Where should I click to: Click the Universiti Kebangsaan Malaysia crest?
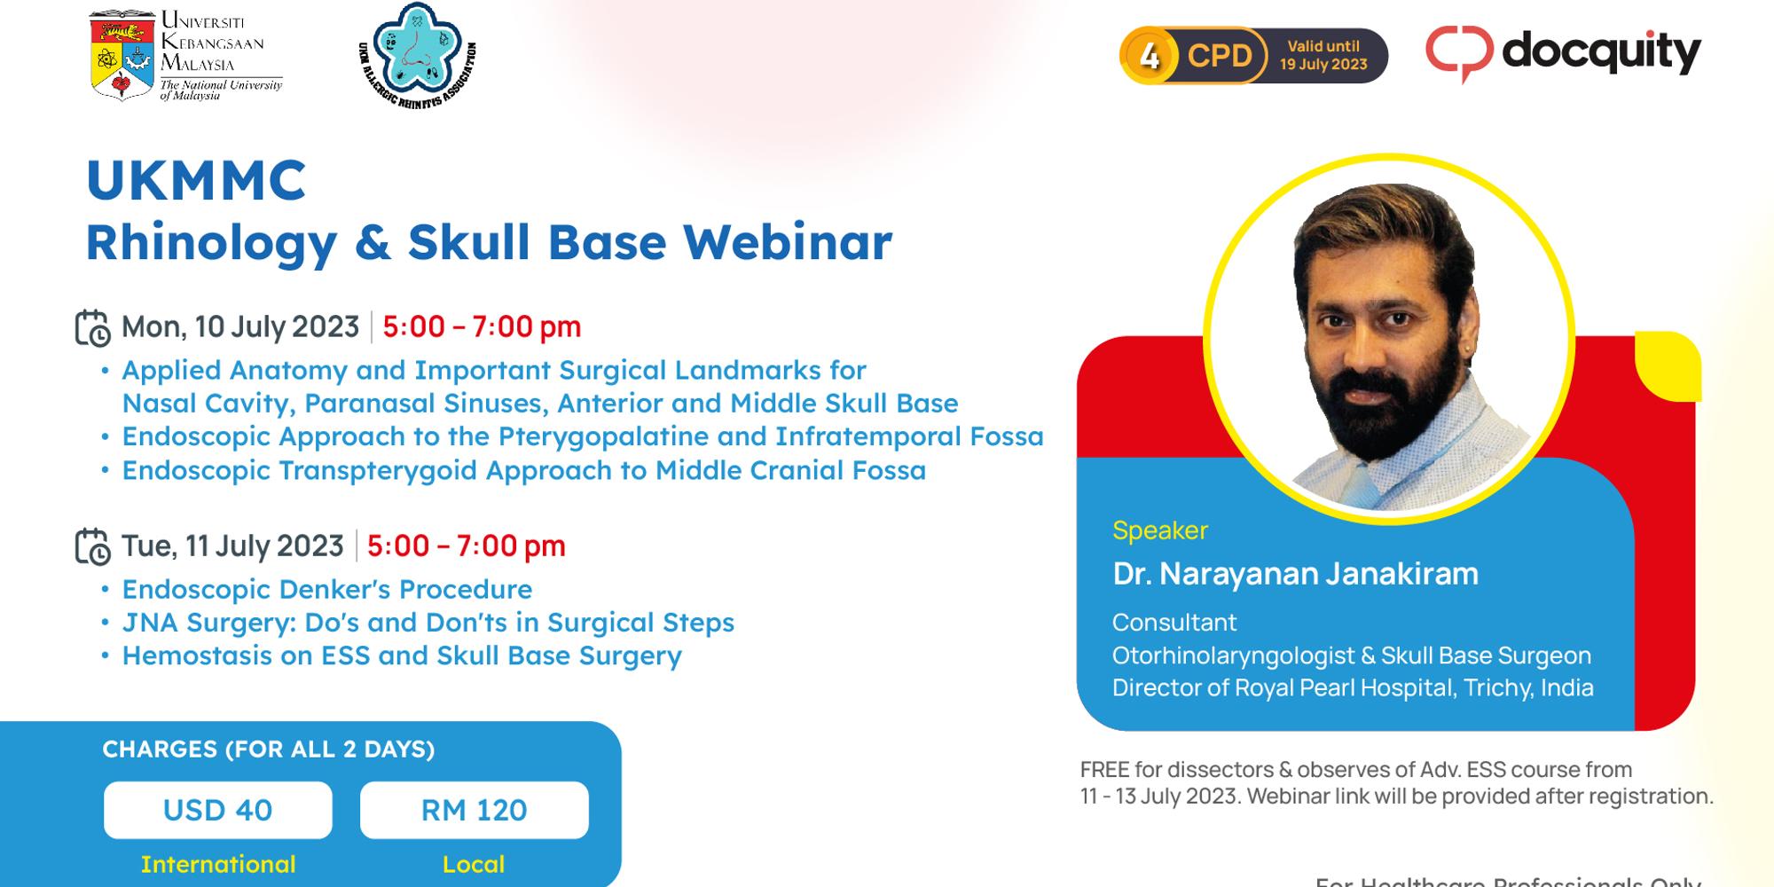(x=122, y=55)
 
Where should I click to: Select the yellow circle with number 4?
(x=1150, y=56)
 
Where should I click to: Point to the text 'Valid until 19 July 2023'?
(x=1323, y=55)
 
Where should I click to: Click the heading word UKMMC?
(x=196, y=180)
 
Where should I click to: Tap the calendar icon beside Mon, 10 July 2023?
(x=92, y=327)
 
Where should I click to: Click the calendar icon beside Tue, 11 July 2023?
(x=92, y=546)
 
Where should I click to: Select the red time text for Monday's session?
(x=482, y=327)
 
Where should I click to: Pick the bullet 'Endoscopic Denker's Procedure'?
(x=326, y=589)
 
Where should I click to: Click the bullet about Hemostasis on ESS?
(x=401, y=655)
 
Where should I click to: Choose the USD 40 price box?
(x=218, y=810)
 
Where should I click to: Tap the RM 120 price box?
(x=474, y=810)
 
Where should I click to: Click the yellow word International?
(x=218, y=864)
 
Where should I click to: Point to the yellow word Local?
(x=474, y=864)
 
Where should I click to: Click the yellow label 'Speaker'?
(x=1160, y=530)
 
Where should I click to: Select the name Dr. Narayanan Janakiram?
(x=1295, y=574)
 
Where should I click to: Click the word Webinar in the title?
(x=788, y=242)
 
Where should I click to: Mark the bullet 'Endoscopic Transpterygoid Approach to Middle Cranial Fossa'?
(x=523, y=470)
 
